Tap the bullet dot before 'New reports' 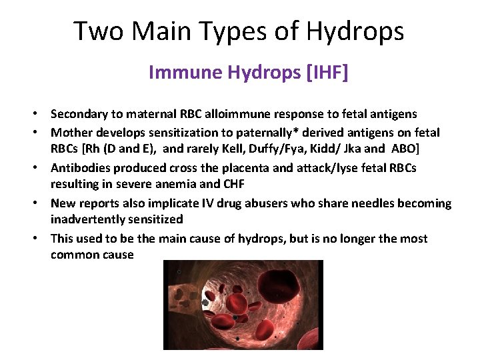click(41, 203)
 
